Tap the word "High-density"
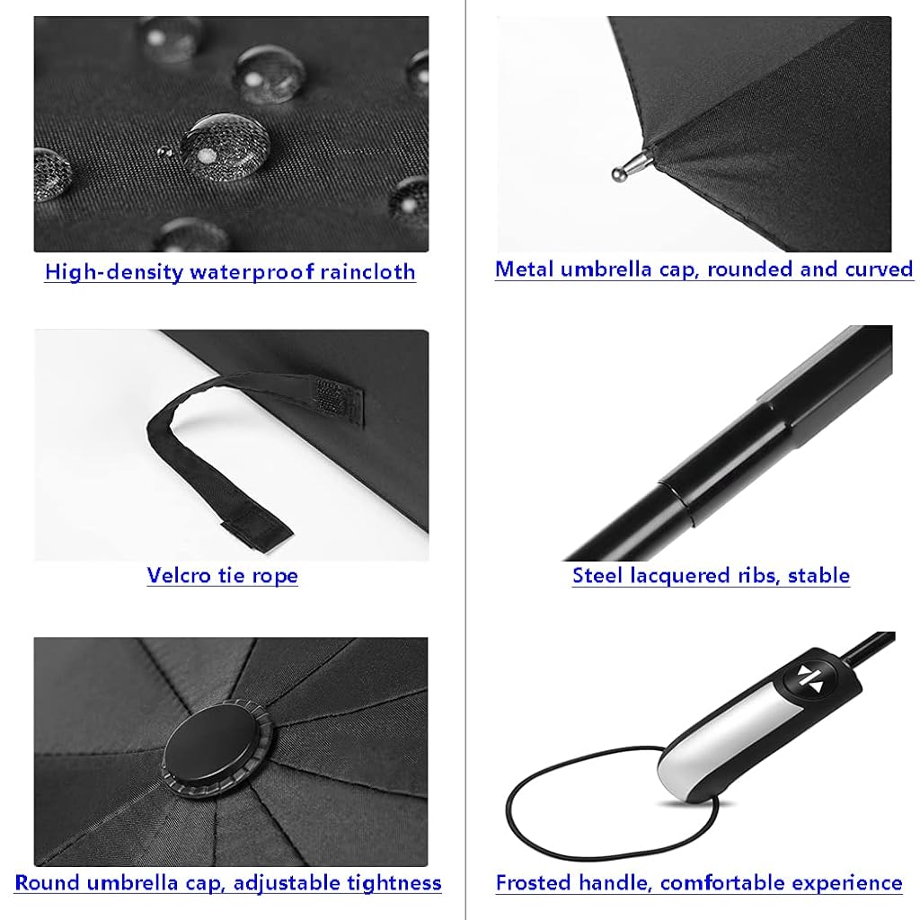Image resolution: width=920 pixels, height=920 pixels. pos(114,272)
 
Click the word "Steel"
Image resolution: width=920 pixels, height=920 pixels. pos(597,575)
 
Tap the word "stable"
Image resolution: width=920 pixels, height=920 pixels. pos(818,575)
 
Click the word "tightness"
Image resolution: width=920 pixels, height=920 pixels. pos(394,883)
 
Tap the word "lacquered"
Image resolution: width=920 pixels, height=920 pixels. pos(704,576)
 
